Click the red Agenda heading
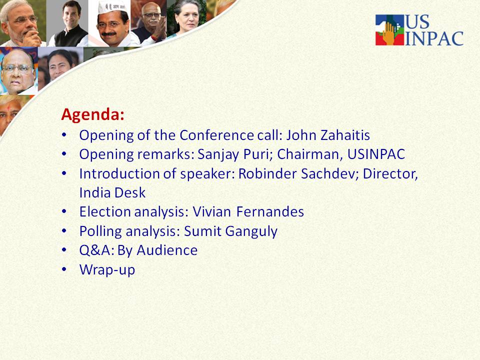93,115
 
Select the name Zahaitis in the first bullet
345,135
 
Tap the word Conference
216,135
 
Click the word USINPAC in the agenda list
376,154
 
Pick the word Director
390,174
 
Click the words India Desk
112,193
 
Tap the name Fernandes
270,212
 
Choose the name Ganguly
251,231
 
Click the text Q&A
96,250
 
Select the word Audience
167,250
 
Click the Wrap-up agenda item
107,270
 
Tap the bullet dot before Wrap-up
64,269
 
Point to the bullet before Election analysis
64,211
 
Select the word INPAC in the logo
434,38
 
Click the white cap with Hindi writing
112,6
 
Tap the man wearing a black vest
70,24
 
